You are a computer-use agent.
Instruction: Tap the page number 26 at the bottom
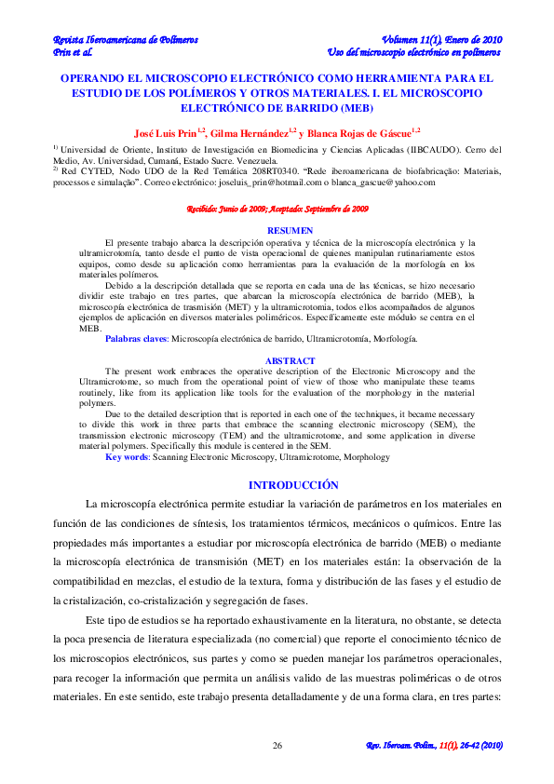[277, 746]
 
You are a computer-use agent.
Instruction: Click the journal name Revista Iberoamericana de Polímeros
[125, 40]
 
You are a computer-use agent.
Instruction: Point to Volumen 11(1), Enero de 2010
[442, 40]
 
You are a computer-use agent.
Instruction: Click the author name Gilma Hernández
[249, 132]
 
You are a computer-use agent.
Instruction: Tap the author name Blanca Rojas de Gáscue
[364, 132]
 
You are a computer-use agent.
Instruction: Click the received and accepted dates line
[277, 210]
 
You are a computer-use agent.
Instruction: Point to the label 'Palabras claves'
[130, 342]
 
